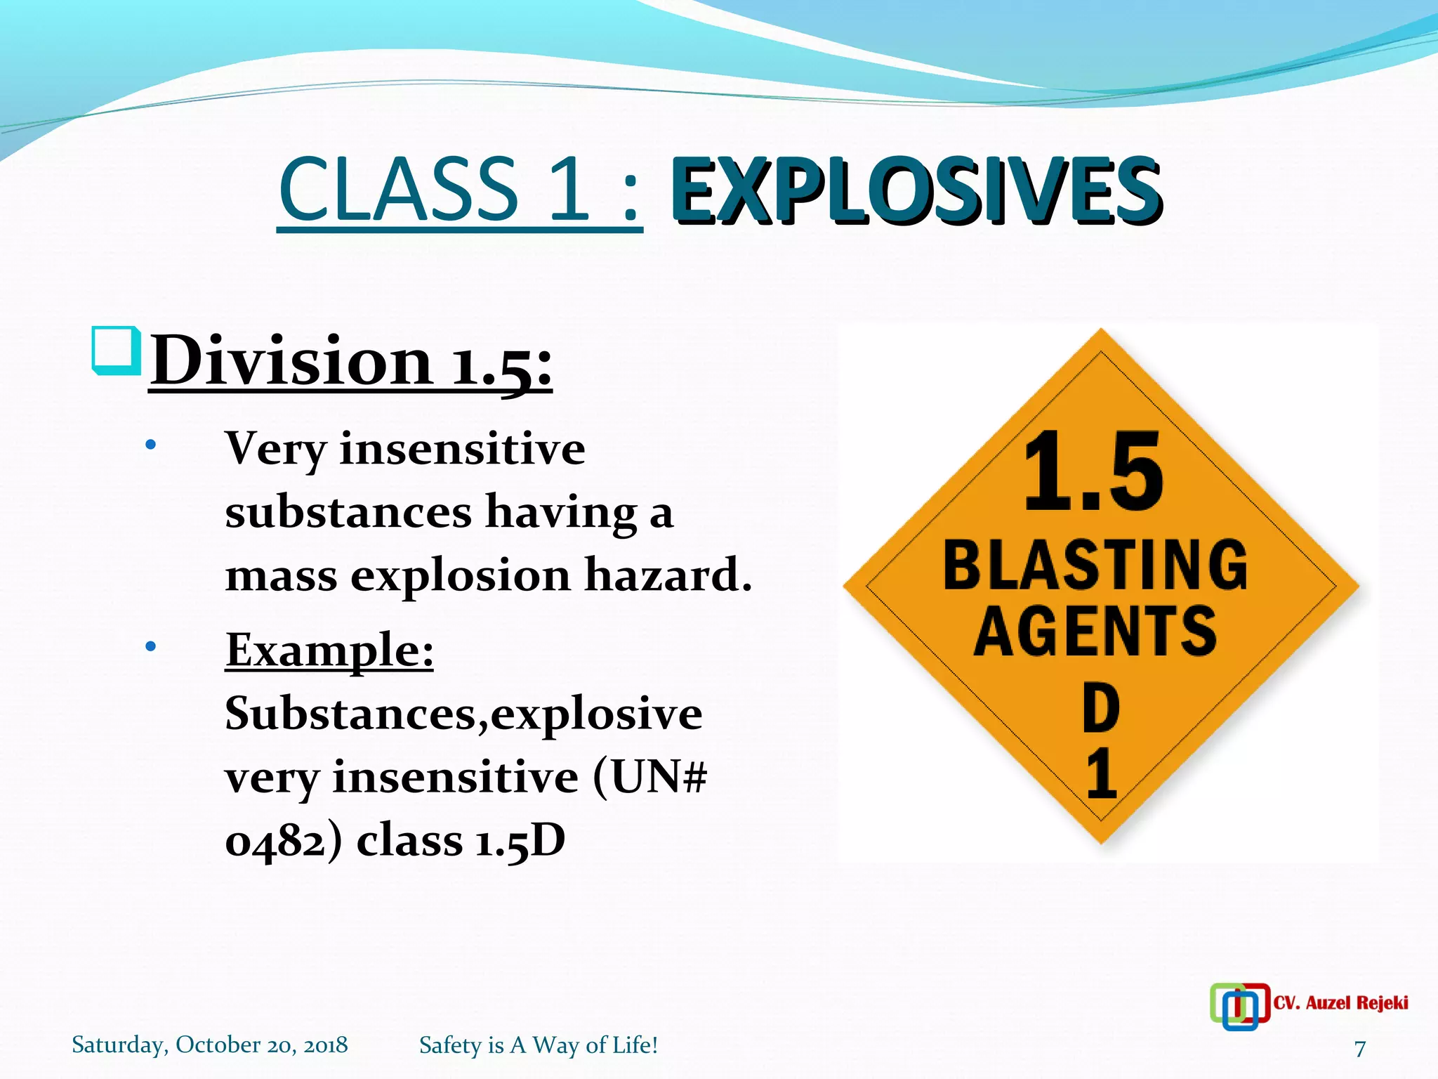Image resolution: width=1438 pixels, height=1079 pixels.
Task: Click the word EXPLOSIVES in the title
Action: click(x=916, y=191)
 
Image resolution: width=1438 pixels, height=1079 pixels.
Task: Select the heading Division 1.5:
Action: click(x=351, y=362)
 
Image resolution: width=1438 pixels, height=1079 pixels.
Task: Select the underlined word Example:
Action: click(x=329, y=650)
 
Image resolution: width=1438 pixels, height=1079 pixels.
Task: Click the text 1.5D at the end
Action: click(x=520, y=840)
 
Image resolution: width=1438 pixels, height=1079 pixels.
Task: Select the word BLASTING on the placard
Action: click(x=1095, y=565)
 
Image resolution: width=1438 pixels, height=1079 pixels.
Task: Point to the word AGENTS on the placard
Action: click(x=1095, y=631)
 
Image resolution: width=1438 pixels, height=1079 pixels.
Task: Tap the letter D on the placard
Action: click(x=1100, y=708)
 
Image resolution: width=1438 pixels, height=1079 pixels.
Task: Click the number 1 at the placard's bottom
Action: click(x=1101, y=774)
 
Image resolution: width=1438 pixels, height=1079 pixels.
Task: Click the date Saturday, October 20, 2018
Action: click(x=209, y=1045)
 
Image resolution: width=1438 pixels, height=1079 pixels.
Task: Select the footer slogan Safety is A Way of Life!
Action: click(x=539, y=1045)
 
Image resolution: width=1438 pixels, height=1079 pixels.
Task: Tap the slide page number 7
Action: click(x=1360, y=1048)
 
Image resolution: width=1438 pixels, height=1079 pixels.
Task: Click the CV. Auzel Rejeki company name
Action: click(x=1340, y=1002)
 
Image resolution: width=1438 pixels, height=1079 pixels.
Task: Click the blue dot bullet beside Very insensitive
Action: click(x=150, y=445)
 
